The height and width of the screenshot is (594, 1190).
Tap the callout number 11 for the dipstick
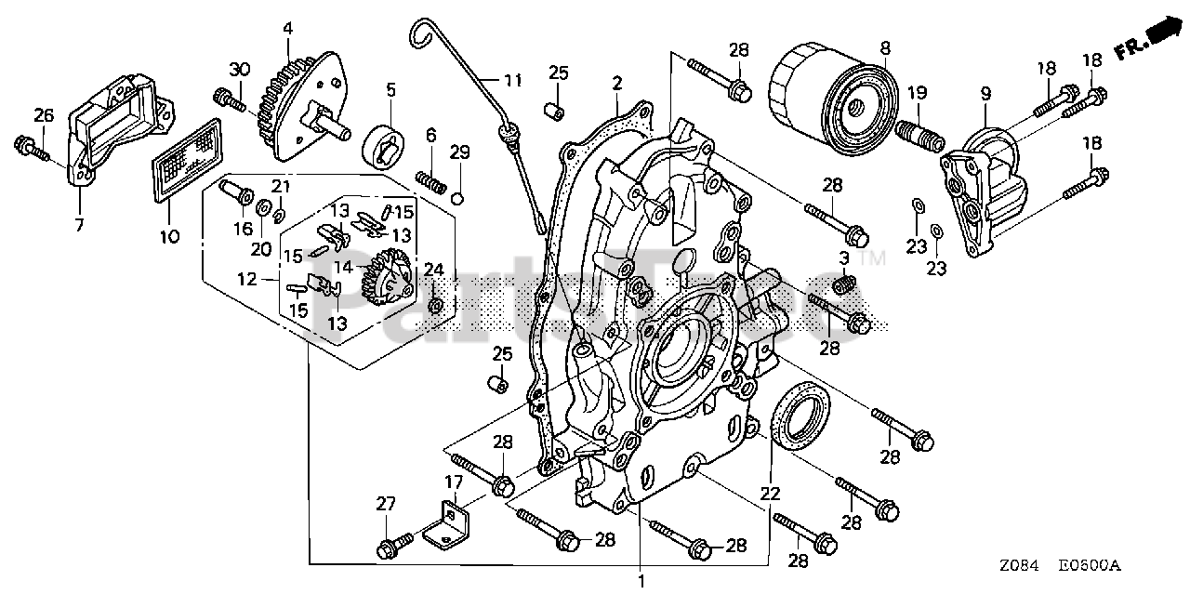(514, 80)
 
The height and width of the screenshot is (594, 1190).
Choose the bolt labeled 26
(31, 147)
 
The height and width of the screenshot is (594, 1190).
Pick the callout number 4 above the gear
(288, 28)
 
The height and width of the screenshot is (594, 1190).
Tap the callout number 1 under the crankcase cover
(641, 583)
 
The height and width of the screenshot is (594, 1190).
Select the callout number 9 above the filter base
(985, 93)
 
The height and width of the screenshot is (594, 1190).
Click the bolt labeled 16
(237, 194)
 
